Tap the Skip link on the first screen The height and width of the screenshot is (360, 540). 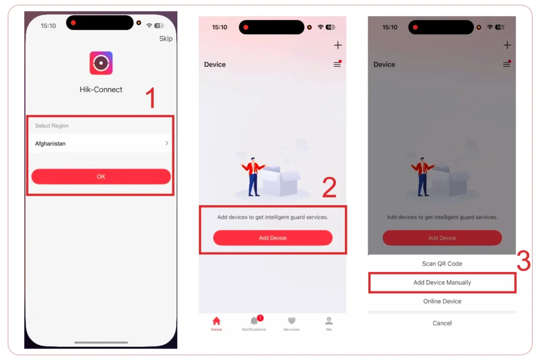pos(166,38)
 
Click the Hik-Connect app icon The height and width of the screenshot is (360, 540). pos(101,63)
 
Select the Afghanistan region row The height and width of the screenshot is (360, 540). pos(101,143)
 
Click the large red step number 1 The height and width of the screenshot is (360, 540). pos(151,99)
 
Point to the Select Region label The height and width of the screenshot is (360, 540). pos(52,126)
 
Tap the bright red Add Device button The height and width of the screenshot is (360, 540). pos(273,238)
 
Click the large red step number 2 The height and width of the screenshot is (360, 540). pos(329,188)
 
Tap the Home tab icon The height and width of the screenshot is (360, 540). pos(216,322)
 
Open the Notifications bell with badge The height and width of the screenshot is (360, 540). pos(254,321)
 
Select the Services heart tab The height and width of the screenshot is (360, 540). pos(292,321)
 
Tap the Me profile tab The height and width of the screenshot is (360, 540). pos(329,321)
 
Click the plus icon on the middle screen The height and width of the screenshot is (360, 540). pos(338,45)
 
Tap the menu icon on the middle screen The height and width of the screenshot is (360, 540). pos(337,64)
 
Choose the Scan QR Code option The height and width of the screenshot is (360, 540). pos(442,264)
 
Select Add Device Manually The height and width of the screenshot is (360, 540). pos(442,283)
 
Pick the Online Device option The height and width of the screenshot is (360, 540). pos(442,301)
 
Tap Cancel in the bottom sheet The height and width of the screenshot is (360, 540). pos(442,323)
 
